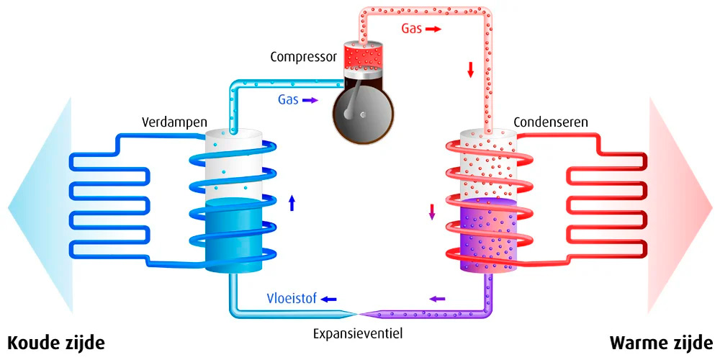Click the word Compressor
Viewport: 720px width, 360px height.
pos(304,57)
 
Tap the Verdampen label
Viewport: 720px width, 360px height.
pos(174,122)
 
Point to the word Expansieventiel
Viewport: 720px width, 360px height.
pos(358,333)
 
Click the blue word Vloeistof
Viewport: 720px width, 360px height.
pos(292,299)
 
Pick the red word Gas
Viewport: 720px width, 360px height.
pos(411,29)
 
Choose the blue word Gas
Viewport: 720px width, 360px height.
pos(289,99)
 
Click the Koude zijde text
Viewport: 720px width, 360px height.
pos(55,343)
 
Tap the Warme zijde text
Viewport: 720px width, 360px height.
pos(662,343)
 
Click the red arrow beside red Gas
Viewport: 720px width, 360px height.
pos(433,29)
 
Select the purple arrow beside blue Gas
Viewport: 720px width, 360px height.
pos(310,99)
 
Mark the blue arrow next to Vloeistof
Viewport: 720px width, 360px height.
pos(328,300)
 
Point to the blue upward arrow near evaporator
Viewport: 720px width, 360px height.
pos(292,202)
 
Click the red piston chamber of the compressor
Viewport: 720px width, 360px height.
pos(363,56)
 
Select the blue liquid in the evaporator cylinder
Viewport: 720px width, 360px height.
pos(233,235)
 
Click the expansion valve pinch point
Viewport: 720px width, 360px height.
pos(358,314)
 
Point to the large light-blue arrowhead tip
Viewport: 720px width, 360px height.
pos(8,207)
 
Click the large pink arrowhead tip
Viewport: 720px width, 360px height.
pos(713,206)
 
